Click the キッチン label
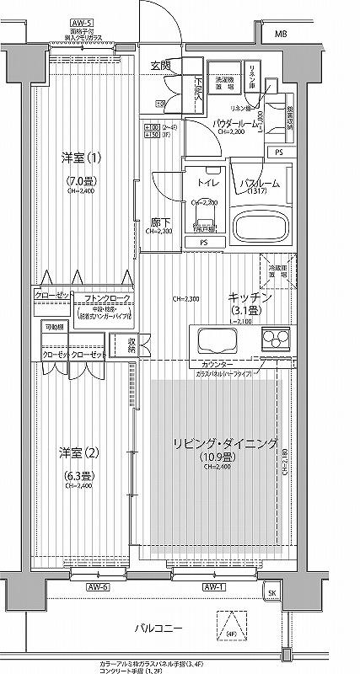point(250,298)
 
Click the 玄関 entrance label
point(160,65)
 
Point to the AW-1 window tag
point(212,586)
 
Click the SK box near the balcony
point(271,592)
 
